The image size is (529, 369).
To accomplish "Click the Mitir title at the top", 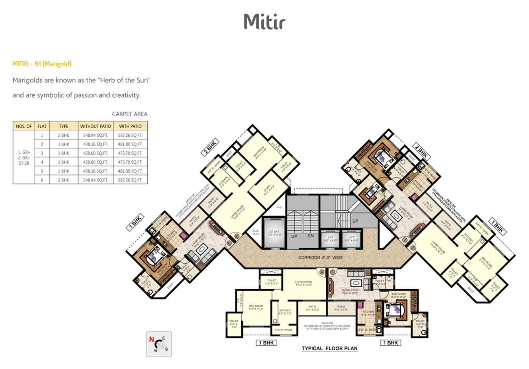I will [x=264, y=21].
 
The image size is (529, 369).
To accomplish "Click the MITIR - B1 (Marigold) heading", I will [x=42, y=63].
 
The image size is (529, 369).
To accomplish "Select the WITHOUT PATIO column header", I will [x=96, y=126].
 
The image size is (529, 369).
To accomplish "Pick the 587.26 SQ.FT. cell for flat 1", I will [x=130, y=135].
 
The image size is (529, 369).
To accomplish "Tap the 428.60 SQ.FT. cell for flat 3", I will [x=96, y=153].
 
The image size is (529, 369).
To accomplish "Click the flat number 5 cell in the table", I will [x=42, y=171].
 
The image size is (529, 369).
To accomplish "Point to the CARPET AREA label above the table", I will [x=130, y=114].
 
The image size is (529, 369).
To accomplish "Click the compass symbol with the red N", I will [x=159, y=344].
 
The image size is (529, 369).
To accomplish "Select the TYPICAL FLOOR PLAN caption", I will [x=329, y=348].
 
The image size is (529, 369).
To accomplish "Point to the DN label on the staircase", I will [x=310, y=236].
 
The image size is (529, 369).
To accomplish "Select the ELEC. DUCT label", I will [x=256, y=233].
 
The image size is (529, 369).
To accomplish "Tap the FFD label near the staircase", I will [x=279, y=207].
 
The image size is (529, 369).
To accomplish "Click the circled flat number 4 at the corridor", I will [x=321, y=272].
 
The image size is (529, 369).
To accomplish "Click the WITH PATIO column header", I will [x=130, y=126].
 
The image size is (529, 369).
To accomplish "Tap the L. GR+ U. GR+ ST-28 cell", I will [x=24, y=157].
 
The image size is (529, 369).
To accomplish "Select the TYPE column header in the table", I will [x=63, y=126].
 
